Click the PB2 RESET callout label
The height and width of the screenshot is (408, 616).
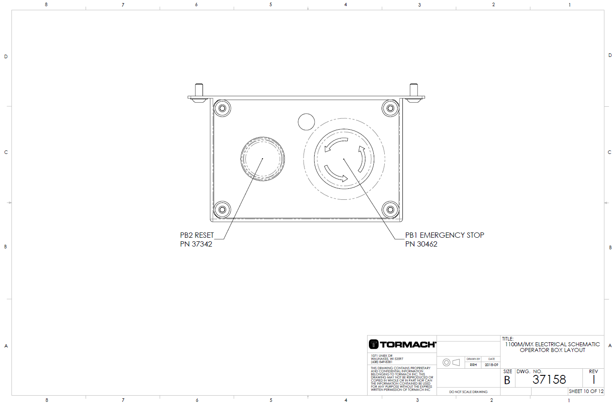(197, 235)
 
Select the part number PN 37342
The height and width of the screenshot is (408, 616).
(196, 244)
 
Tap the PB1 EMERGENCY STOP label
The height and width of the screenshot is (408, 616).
(444, 235)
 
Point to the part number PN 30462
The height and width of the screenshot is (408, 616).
(421, 244)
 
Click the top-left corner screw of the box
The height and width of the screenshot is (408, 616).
(222, 108)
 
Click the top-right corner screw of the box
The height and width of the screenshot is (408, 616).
(390, 108)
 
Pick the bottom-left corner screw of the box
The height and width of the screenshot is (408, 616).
(222, 210)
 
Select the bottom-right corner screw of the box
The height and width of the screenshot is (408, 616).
(390, 210)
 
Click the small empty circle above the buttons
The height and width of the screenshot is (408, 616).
(306, 122)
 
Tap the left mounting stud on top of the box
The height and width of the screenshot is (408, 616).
(199, 90)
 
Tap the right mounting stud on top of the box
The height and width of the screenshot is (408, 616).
(413, 90)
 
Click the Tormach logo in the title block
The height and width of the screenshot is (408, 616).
(402, 344)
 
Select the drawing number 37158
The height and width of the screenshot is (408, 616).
(549, 379)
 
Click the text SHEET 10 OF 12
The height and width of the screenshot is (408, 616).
(586, 391)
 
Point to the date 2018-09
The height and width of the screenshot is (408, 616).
(491, 365)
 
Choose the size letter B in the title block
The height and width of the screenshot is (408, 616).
(507, 380)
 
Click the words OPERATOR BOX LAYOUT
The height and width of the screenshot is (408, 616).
(552, 350)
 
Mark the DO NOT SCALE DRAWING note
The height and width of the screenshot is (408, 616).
(468, 392)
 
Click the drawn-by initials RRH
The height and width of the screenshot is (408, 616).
(473, 365)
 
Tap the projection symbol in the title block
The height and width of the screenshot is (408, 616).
(451, 363)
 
